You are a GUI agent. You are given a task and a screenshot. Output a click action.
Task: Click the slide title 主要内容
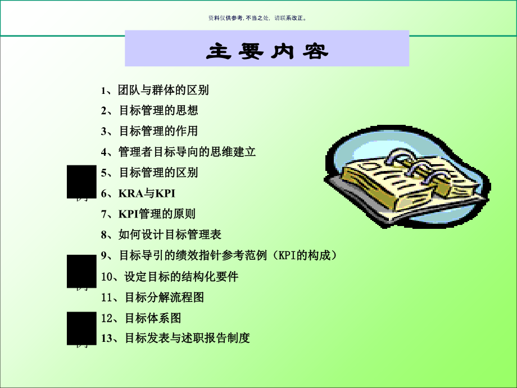[x=267, y=52]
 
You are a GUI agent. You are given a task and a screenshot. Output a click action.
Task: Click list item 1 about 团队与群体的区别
[x=155, y=90]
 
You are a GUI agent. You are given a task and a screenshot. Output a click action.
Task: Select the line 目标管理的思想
[x=149, y=111]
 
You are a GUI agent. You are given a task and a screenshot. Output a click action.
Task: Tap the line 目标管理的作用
[x=149, y=131]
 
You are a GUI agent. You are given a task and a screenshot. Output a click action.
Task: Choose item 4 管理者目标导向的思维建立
[x=178, y=152]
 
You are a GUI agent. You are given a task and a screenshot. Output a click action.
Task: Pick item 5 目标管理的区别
[x=149, y=172]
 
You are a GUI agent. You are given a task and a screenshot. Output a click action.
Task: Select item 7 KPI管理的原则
[x=148, y=214]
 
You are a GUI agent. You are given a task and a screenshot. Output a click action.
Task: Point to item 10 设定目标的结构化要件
[x=170, y=277]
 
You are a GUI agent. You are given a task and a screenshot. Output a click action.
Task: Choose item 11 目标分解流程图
[x=152, y=297]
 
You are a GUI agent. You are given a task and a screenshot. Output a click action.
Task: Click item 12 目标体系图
[x=141, y=318]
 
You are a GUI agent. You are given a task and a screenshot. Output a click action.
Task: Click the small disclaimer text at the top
[x=258, y=18]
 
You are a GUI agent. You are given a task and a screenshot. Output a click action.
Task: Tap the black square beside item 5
[x=81, y=182]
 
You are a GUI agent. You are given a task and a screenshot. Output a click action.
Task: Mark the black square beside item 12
[x=81, y=328]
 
